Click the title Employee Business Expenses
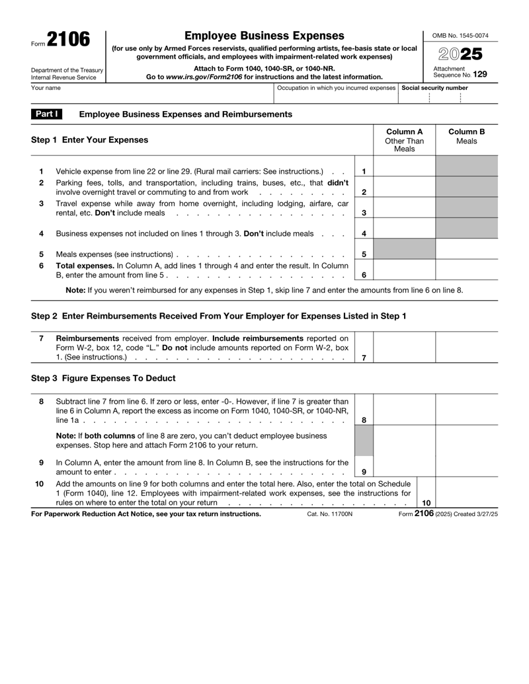264,35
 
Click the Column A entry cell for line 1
404,172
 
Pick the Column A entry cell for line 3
404,209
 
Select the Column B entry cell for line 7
466,348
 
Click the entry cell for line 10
466,496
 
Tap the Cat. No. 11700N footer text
331,513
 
